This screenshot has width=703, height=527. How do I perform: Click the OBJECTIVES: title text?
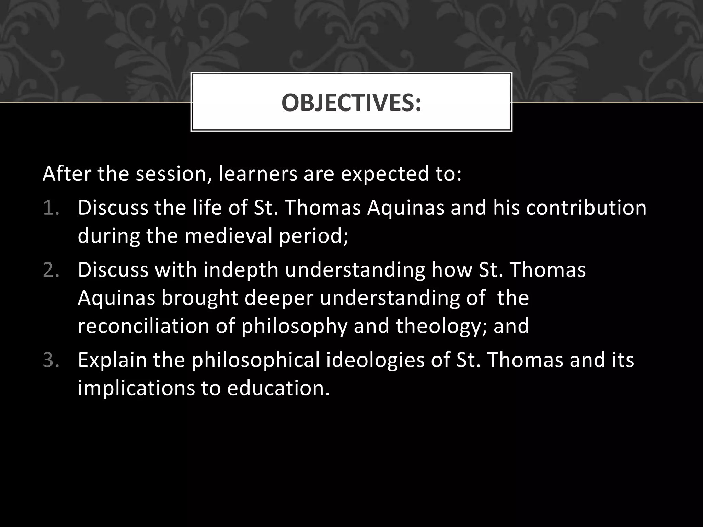(x=351, y=103)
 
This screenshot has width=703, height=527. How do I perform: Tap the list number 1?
(x=51, y=208)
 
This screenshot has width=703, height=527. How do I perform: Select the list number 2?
(x=51, y=270)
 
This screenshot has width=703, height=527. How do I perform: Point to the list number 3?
(x=51, y=360)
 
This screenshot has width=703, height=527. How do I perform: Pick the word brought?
(x=200, y=298)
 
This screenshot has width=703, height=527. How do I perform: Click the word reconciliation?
(x=143, y=326)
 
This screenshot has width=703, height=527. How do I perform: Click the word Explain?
(x=112, y=361)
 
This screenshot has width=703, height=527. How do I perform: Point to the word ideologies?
(x=375, y=361)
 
